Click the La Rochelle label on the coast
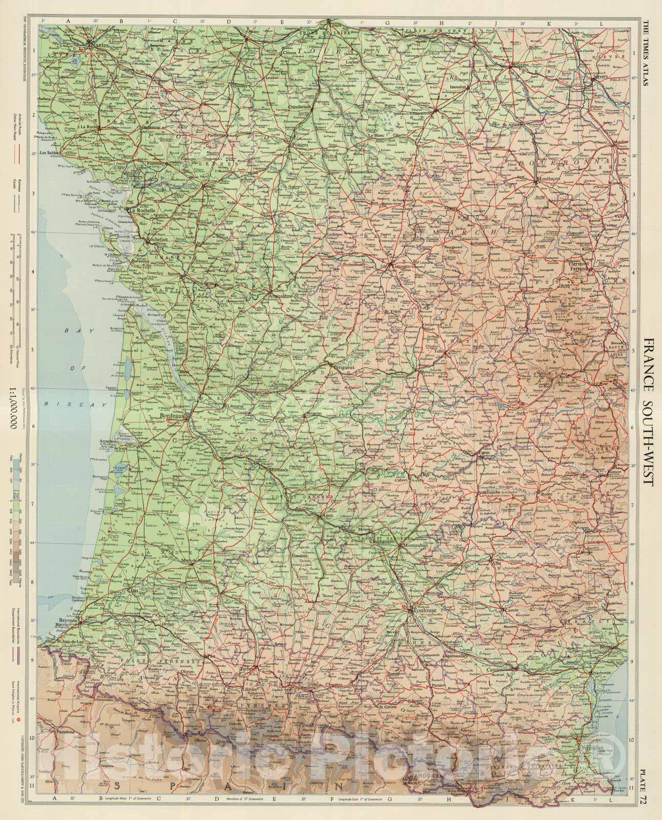point(143,210)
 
